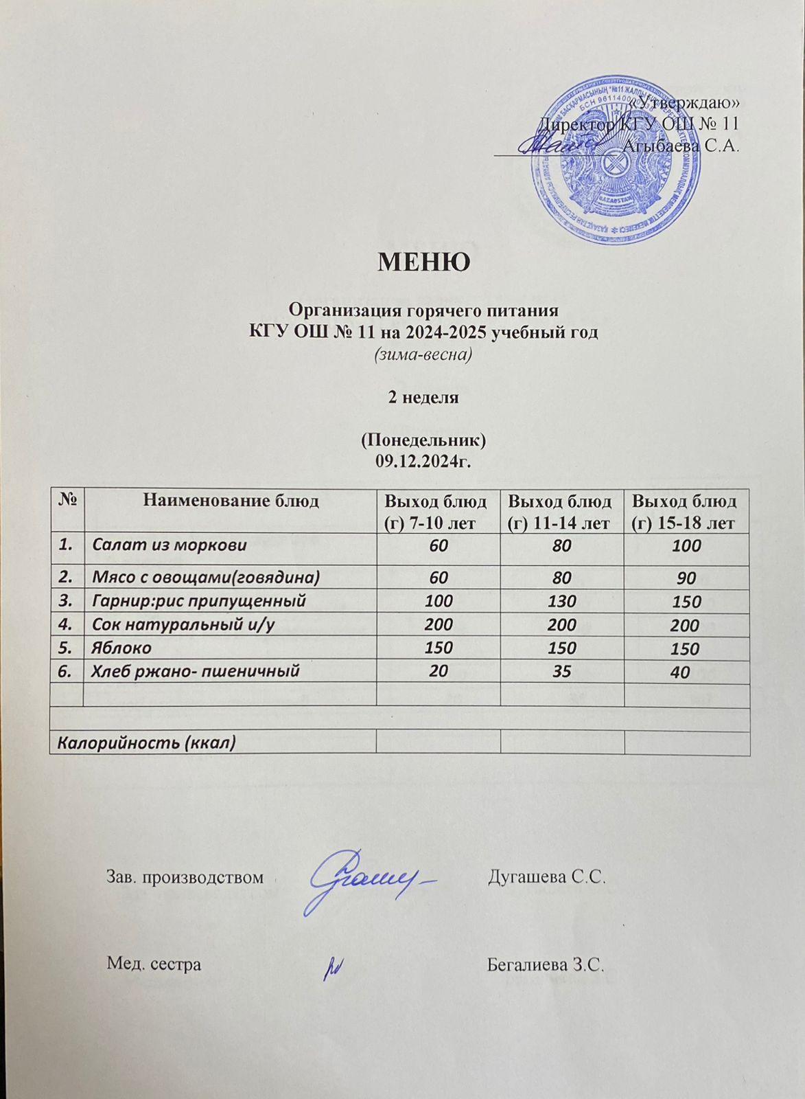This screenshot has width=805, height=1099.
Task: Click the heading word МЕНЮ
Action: tap(423, 262)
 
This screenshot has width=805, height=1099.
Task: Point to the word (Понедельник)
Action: tap(423, 440)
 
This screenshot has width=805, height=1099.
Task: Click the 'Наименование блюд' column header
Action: tap(231, 501)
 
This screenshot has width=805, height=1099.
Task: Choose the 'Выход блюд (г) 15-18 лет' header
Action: tap(686, 512)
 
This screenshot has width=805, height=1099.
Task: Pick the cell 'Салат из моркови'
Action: tap(170, 546)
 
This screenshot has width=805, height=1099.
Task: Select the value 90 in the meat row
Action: tap(686, 578)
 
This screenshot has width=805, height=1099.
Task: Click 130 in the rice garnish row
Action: tap(562, 602)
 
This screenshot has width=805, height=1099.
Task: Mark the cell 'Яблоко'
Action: tap(122, 648)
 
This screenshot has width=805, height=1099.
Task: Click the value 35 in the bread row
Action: tap(562, 671)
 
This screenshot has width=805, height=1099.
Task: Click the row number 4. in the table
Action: tap(67, 624)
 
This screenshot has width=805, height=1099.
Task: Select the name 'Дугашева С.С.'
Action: tap(546, 877)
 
